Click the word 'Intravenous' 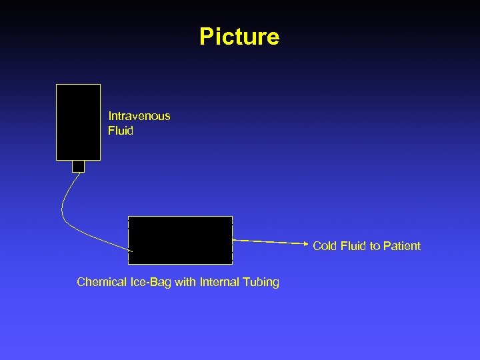(139, 116)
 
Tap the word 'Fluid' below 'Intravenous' (121, 131)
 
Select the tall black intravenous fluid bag (78, 122)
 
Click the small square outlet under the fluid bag (78, 166)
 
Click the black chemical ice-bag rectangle (180, 240)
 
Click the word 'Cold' (325, 246)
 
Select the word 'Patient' (403, 246)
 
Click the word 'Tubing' (261, 282)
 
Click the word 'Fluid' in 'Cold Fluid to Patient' (353, 246)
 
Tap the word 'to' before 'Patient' (375, 246)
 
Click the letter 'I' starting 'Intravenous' (110, 116)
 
